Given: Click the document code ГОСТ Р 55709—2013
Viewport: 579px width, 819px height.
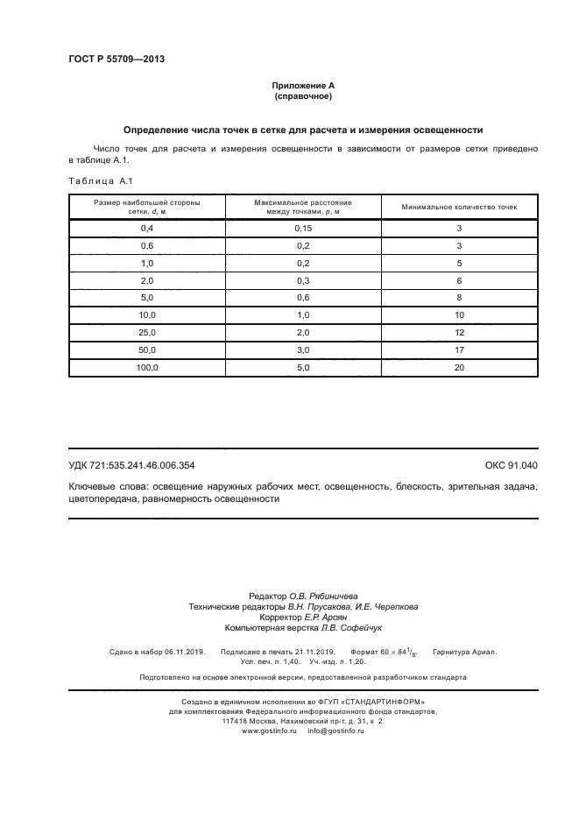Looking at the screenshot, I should (117, 60).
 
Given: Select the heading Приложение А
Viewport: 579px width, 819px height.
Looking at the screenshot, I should (303, 86).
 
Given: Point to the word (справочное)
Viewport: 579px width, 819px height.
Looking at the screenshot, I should (303, 96).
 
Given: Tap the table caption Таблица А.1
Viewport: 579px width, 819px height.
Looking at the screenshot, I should (99, 181).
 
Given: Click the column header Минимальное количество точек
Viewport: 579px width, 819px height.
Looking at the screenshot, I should (459, 208).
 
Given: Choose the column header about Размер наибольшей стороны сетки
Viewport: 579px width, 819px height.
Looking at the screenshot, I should (146, 208).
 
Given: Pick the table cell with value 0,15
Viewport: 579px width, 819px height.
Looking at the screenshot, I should (303, 228).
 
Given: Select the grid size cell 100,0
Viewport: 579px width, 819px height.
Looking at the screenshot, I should (146, 368).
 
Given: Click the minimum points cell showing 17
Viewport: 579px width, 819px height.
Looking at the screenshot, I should (459, 350).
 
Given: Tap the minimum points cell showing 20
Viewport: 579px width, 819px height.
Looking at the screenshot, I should (459, 368).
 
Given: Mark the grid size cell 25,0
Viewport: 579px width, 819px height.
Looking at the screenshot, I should (146, 333).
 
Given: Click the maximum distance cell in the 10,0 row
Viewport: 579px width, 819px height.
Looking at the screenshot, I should (303, 315).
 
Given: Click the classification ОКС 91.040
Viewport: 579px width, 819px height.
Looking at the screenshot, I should (511, 466).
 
